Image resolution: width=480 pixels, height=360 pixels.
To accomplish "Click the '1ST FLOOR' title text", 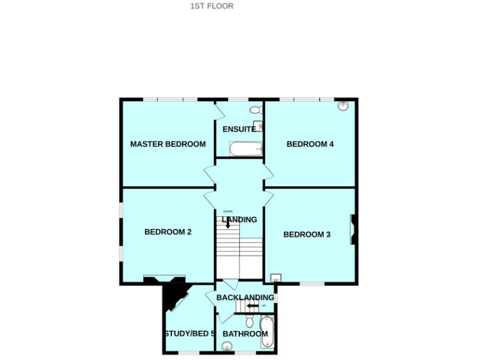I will click(212, 6).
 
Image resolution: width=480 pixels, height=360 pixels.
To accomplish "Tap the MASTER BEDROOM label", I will click(167, 144).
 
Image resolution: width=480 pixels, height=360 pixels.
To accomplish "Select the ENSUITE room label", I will click(239, 129).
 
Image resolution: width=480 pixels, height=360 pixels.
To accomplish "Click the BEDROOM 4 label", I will click(310, 144).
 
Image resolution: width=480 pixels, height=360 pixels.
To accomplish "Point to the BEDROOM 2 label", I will click(167, 232).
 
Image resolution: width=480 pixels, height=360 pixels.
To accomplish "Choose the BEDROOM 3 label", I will click(307, 235).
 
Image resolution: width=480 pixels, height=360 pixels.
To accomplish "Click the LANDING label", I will click(239, 219).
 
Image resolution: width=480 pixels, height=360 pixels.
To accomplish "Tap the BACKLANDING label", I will click(245, 297).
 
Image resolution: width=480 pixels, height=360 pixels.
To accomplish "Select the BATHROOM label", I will click(245, 334).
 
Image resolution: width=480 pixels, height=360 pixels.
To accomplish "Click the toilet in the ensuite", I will click(256, 110).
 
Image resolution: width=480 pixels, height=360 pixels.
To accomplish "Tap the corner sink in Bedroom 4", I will click(343, 106).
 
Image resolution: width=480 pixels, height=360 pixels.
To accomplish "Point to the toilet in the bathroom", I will click(249, 321).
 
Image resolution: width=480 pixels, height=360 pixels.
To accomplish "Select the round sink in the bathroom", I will click(224, 346).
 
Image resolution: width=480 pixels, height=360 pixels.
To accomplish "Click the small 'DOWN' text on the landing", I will click(227, 211).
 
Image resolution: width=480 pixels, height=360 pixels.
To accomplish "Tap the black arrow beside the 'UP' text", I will click(252, 306).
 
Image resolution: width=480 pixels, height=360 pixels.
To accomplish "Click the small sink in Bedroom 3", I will click(276, 278).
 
